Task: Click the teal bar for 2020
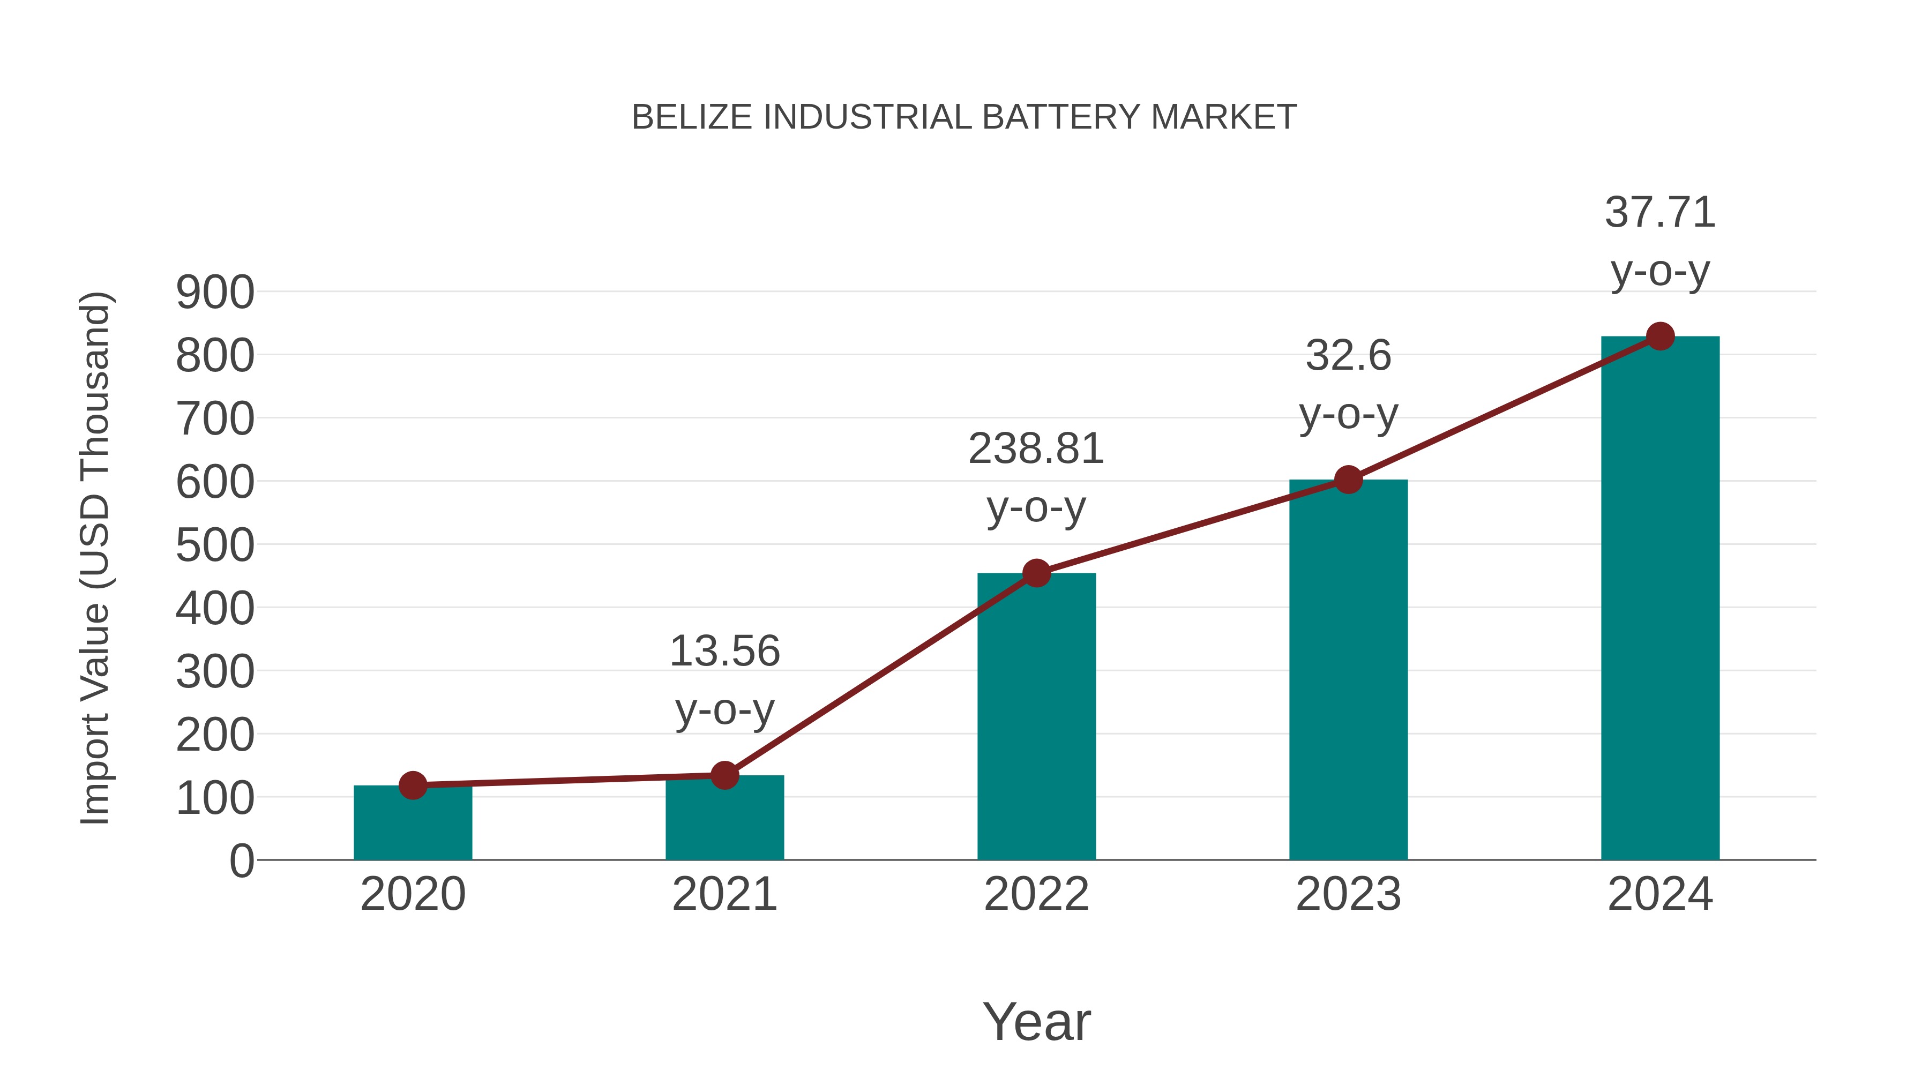(413, 824)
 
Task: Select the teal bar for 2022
(1036, 719)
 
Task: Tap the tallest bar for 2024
(1660, 599)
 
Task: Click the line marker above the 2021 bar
(724, 775)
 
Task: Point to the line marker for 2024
(1660, 336)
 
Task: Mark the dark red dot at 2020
(413, 785)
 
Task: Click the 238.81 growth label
(1036, 450)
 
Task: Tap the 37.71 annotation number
(1660, 213)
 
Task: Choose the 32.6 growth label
(1348, 356)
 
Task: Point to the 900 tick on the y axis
(215, 293)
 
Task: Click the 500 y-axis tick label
(215, 546)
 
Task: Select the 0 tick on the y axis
(241, 861)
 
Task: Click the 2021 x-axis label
(724, 894)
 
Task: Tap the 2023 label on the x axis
(1348, 894)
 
